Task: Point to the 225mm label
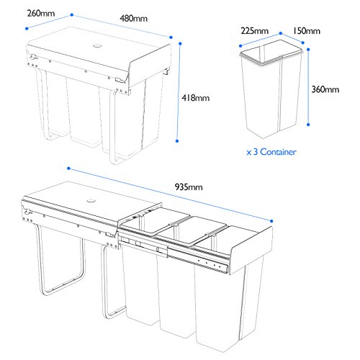click(255, 31)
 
